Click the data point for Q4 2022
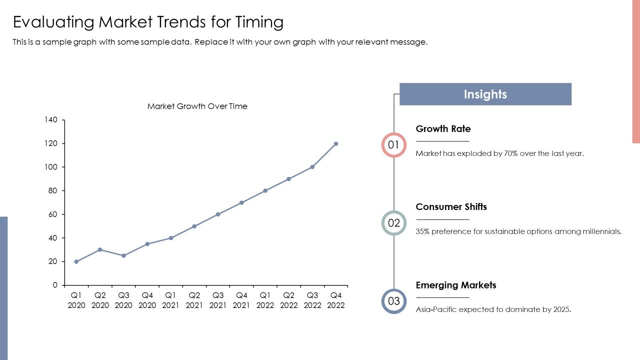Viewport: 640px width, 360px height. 335,143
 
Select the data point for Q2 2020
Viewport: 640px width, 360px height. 100,249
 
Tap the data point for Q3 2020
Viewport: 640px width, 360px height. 123,255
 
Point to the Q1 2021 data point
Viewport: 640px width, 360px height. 171,238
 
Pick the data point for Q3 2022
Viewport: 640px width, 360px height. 312,167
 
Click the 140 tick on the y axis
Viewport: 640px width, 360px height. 51,119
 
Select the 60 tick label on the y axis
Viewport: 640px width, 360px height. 53,214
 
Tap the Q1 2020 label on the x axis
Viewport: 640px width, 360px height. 76,300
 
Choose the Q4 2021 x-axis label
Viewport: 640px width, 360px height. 241,300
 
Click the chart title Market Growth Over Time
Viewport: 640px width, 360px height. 197,106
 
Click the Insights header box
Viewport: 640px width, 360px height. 485,94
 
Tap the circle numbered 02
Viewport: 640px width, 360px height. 393,212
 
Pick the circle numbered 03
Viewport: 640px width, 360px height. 393,290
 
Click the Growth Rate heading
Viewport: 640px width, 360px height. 443,129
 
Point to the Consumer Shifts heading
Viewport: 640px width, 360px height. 451,207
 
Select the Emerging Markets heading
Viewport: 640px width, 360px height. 455,285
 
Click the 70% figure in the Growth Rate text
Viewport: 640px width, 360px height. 511,153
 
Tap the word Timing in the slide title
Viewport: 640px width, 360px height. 259,22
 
